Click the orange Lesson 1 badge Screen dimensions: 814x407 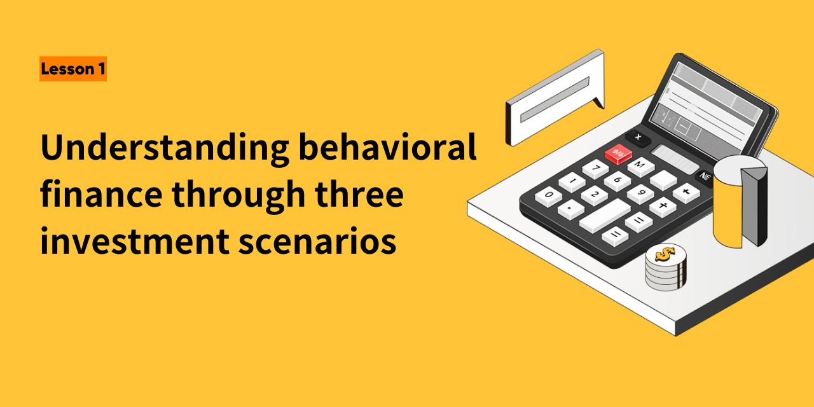pos(73,69)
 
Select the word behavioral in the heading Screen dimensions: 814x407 pos(387,146)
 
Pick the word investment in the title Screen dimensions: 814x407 pos(134,240)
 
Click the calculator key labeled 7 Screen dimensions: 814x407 pos(596,169)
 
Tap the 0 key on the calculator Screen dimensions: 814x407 pos(548,197)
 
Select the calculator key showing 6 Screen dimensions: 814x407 pos(617,181)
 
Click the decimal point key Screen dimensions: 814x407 pos(571,209)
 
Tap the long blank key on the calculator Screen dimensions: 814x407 pos(605,216)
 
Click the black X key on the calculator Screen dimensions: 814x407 pos(638,138)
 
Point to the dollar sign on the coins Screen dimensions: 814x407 pos(665,254)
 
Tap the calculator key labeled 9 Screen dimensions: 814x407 pos(640,193)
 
